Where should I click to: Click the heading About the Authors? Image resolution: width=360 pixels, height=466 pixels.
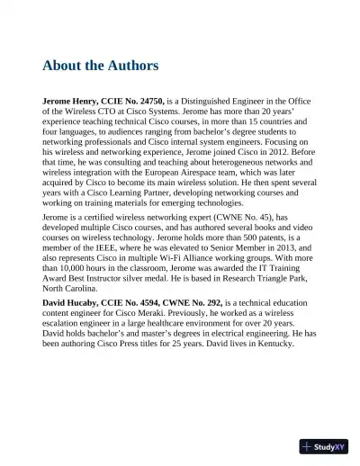[100, 66]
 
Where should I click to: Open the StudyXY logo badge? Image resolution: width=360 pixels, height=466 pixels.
[325, 445]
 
